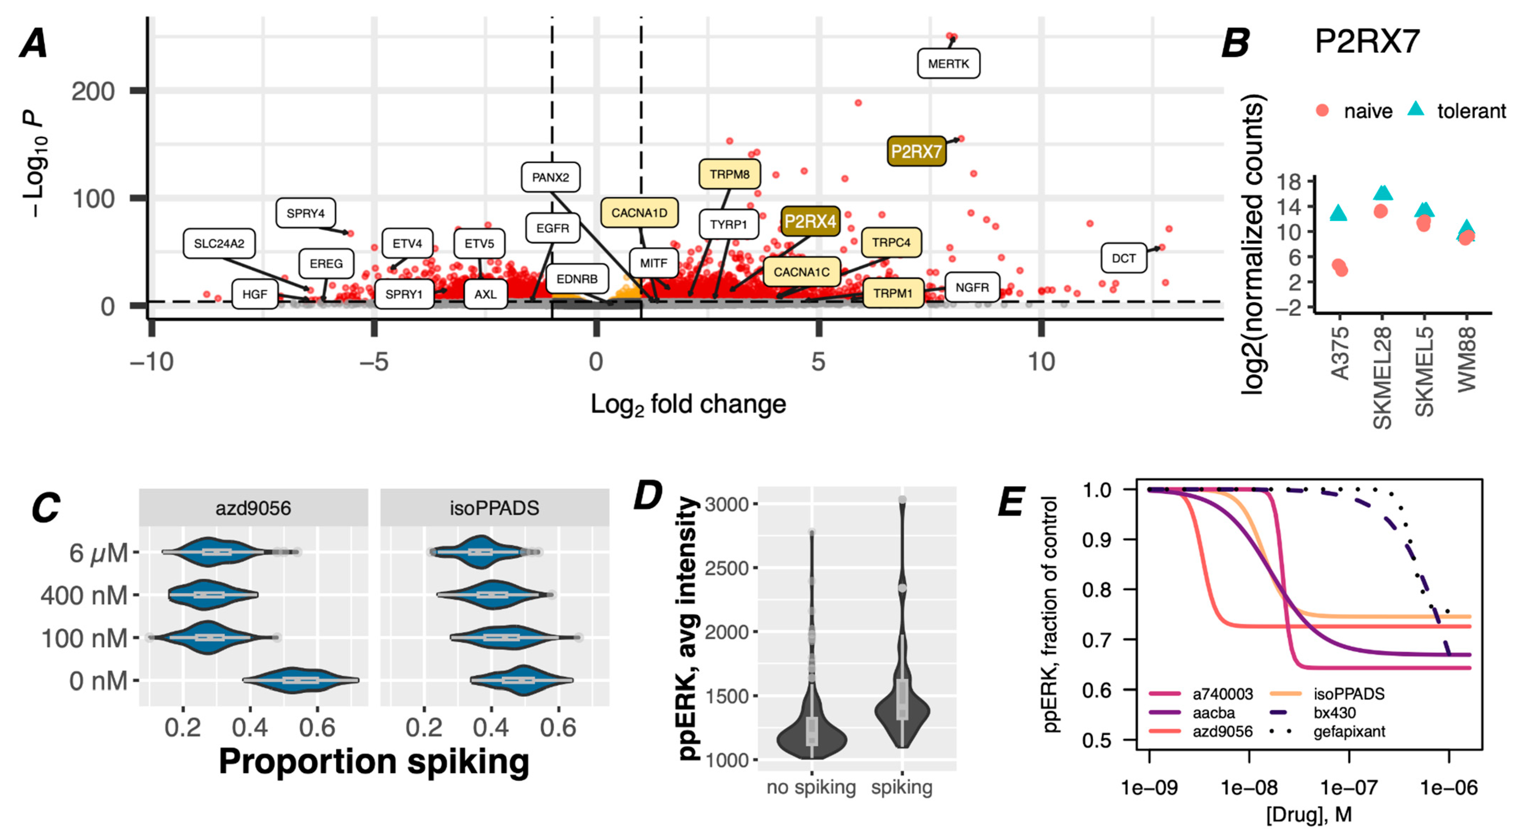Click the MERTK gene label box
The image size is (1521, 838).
[x=948, y=64]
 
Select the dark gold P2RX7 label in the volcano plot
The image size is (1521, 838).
[x=916, y=152]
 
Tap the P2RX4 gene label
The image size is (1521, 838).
[x=810, y=221]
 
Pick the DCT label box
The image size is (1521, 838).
[x=1123, y=258]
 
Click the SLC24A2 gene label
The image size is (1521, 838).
[x=219, y=243]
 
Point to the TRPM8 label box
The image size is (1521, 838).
[x=729, y=174]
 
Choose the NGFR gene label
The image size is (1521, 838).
[x=972, y=287]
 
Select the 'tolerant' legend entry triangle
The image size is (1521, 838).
[x=1416, y=109]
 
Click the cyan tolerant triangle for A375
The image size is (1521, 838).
[x=1339, y=213]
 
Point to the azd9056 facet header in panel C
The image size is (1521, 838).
[x=253, y=508]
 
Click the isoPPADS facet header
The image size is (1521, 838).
[x=494, y=508]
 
